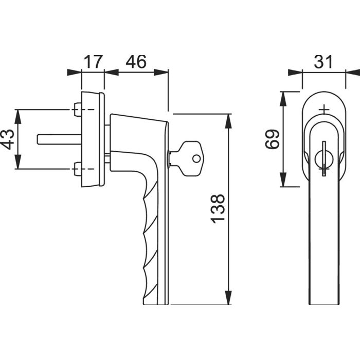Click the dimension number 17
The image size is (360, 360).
(93, 62)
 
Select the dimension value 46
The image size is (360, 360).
(136, 62)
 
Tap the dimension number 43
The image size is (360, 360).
(8, 139)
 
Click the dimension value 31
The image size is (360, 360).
(323, 62)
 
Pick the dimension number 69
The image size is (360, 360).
(272, 139)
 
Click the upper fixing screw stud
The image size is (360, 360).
(77, 110)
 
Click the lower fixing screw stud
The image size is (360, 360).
(77, 169)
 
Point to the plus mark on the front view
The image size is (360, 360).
(323, 110)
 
